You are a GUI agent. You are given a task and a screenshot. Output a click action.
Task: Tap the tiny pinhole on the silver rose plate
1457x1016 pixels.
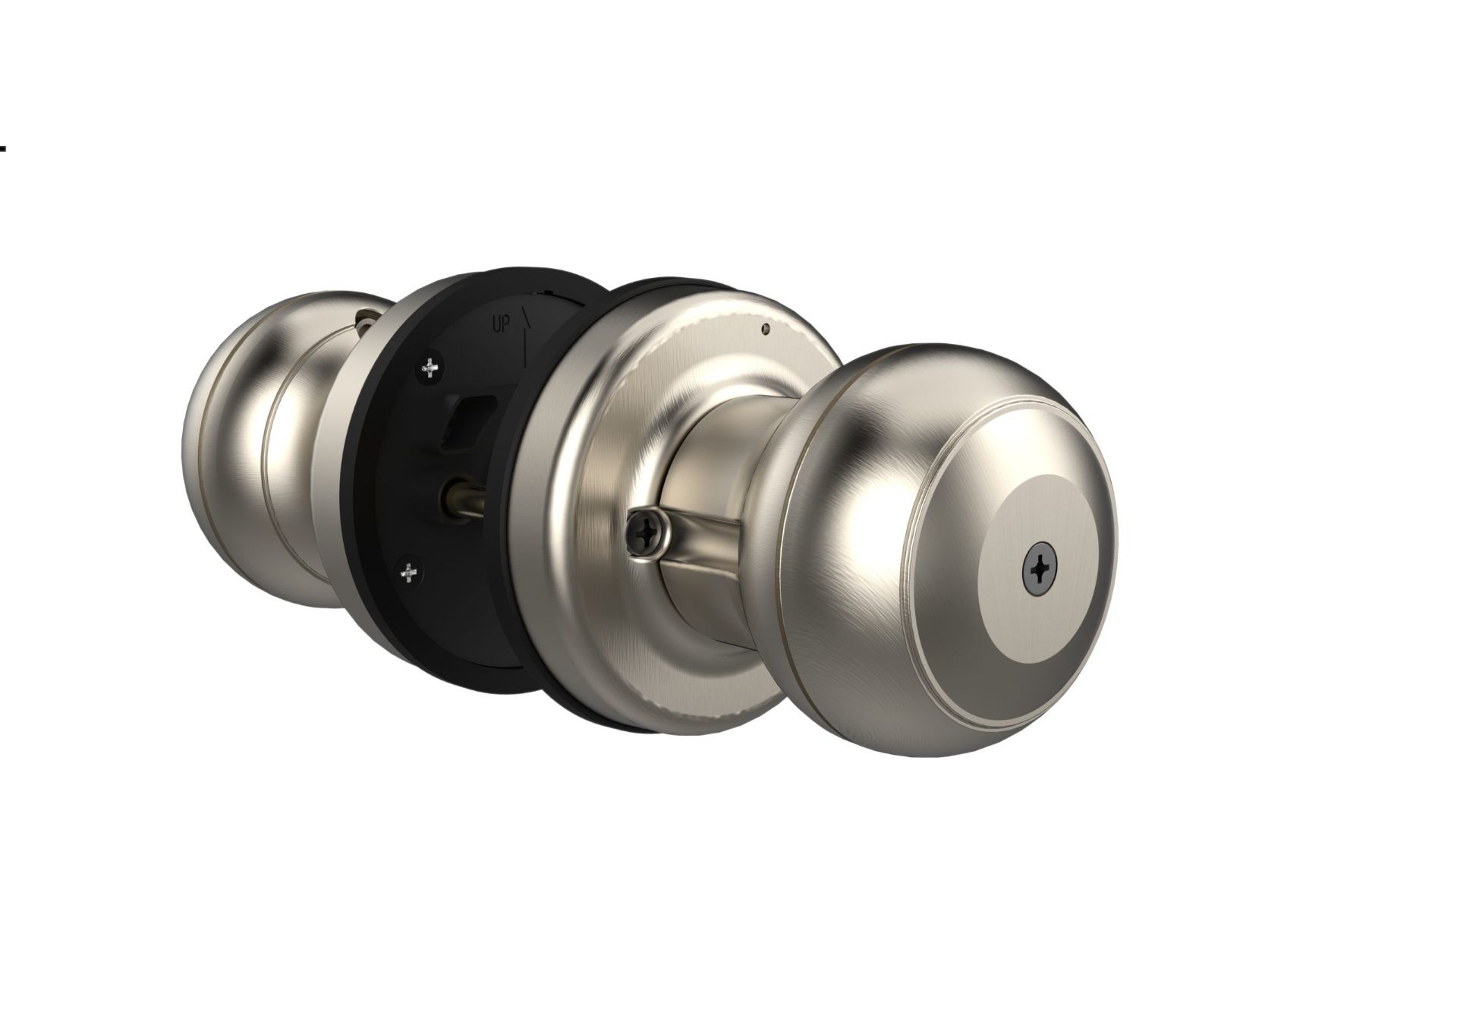tap(765, 329)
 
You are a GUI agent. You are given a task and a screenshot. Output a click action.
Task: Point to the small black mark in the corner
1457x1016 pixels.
tap(3, 149)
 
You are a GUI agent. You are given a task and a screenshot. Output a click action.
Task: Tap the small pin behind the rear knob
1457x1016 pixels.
tap(367, 313)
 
